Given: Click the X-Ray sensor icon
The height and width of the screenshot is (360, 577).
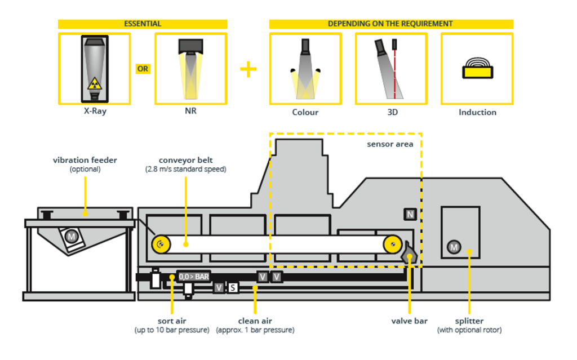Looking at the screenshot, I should (94, 68).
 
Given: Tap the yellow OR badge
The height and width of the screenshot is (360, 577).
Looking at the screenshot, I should (143, 69).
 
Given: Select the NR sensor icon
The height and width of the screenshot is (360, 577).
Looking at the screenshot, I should (190, 68).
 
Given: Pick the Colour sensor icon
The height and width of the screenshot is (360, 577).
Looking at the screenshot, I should (305, 68).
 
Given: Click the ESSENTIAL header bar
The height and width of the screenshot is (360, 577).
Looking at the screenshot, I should (143, 24).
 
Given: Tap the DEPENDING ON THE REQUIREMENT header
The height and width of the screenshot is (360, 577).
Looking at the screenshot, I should (390, 24).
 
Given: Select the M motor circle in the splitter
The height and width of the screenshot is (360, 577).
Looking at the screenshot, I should (453, 246).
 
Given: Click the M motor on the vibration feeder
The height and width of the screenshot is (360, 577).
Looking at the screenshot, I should (72, 236).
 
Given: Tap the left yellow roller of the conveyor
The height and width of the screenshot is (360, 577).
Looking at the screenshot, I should (160, 244).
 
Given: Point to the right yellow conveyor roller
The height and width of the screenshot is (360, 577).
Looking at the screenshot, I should (392, 244).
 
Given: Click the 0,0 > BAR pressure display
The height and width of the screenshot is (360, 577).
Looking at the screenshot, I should (193, 277).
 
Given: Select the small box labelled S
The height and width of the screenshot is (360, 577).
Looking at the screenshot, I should (233, 288).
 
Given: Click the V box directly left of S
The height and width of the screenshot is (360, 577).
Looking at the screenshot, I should (219, 288).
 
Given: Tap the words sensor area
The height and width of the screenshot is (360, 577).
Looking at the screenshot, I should (390, 144).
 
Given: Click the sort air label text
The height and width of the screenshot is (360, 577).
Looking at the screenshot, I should (172, 321).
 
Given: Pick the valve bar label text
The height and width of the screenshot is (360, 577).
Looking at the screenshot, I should (410, 321).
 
